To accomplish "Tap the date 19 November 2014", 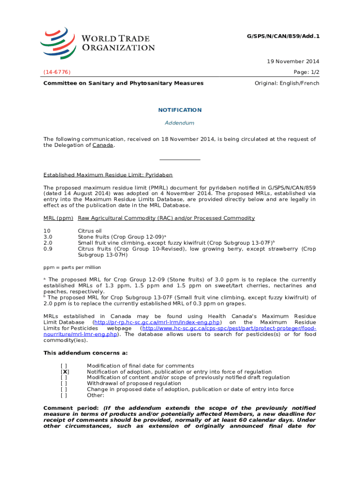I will (293, 61).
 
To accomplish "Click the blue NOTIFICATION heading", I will (180, 110).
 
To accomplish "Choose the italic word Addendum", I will (180, 123).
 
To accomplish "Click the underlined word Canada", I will (102, 145).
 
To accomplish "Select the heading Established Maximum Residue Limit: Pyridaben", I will (108, 175).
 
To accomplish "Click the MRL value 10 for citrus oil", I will (47, 231).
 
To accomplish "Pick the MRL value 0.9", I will (48, 249).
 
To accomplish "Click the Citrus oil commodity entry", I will (90, 231).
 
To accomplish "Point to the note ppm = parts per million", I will (72, 268).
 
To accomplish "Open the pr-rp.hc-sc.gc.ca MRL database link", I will (157, 322).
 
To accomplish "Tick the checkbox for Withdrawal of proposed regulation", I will (64, 383).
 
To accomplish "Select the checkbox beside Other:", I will (64, 395).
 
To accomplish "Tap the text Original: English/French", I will (287, 83).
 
